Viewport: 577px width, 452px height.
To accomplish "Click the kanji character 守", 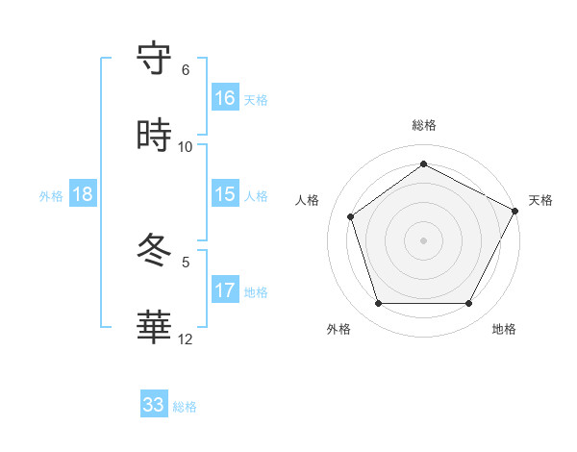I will pyautogui.click(x=155, y=60).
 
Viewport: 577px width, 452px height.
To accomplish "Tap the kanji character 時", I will pyautogui.click(x=155, y=137).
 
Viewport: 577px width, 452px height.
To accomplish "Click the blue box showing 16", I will pyautogui.click(x=225, y=97).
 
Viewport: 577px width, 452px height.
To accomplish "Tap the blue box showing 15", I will pyautogui.click(x=225, y=194).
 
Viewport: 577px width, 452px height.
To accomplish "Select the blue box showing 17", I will pyautogui.click(x=225, y=290).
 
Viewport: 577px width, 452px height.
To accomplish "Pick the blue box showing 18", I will pyautogui.click(x=83, y=194).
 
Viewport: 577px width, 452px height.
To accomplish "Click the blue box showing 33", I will pyautogui.click(x=154, y=405).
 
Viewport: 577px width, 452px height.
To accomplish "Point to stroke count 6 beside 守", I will pyautogui.click(x=186, y=70).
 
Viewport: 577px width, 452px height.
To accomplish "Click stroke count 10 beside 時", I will pyautogui.click(x=186, y=147).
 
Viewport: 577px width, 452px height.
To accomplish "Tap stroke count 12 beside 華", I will pyautogui.click(x=186, y=339).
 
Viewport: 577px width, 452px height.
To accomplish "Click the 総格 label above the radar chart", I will pyautogui.click(x=424, y=125).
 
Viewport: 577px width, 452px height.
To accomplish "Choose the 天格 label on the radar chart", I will pyautogui.click(x=540, y=200).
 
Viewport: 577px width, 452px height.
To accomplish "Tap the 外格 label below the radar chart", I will pyautogui.click(x=339, y=330).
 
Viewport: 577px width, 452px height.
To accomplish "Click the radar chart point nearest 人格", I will pyautogui.click(x=351, y=216).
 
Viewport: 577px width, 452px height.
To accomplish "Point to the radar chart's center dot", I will pyautogui.click(x=423, y=239).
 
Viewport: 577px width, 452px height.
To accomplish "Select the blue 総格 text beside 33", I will pyautogui.click(x=185, y=407).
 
